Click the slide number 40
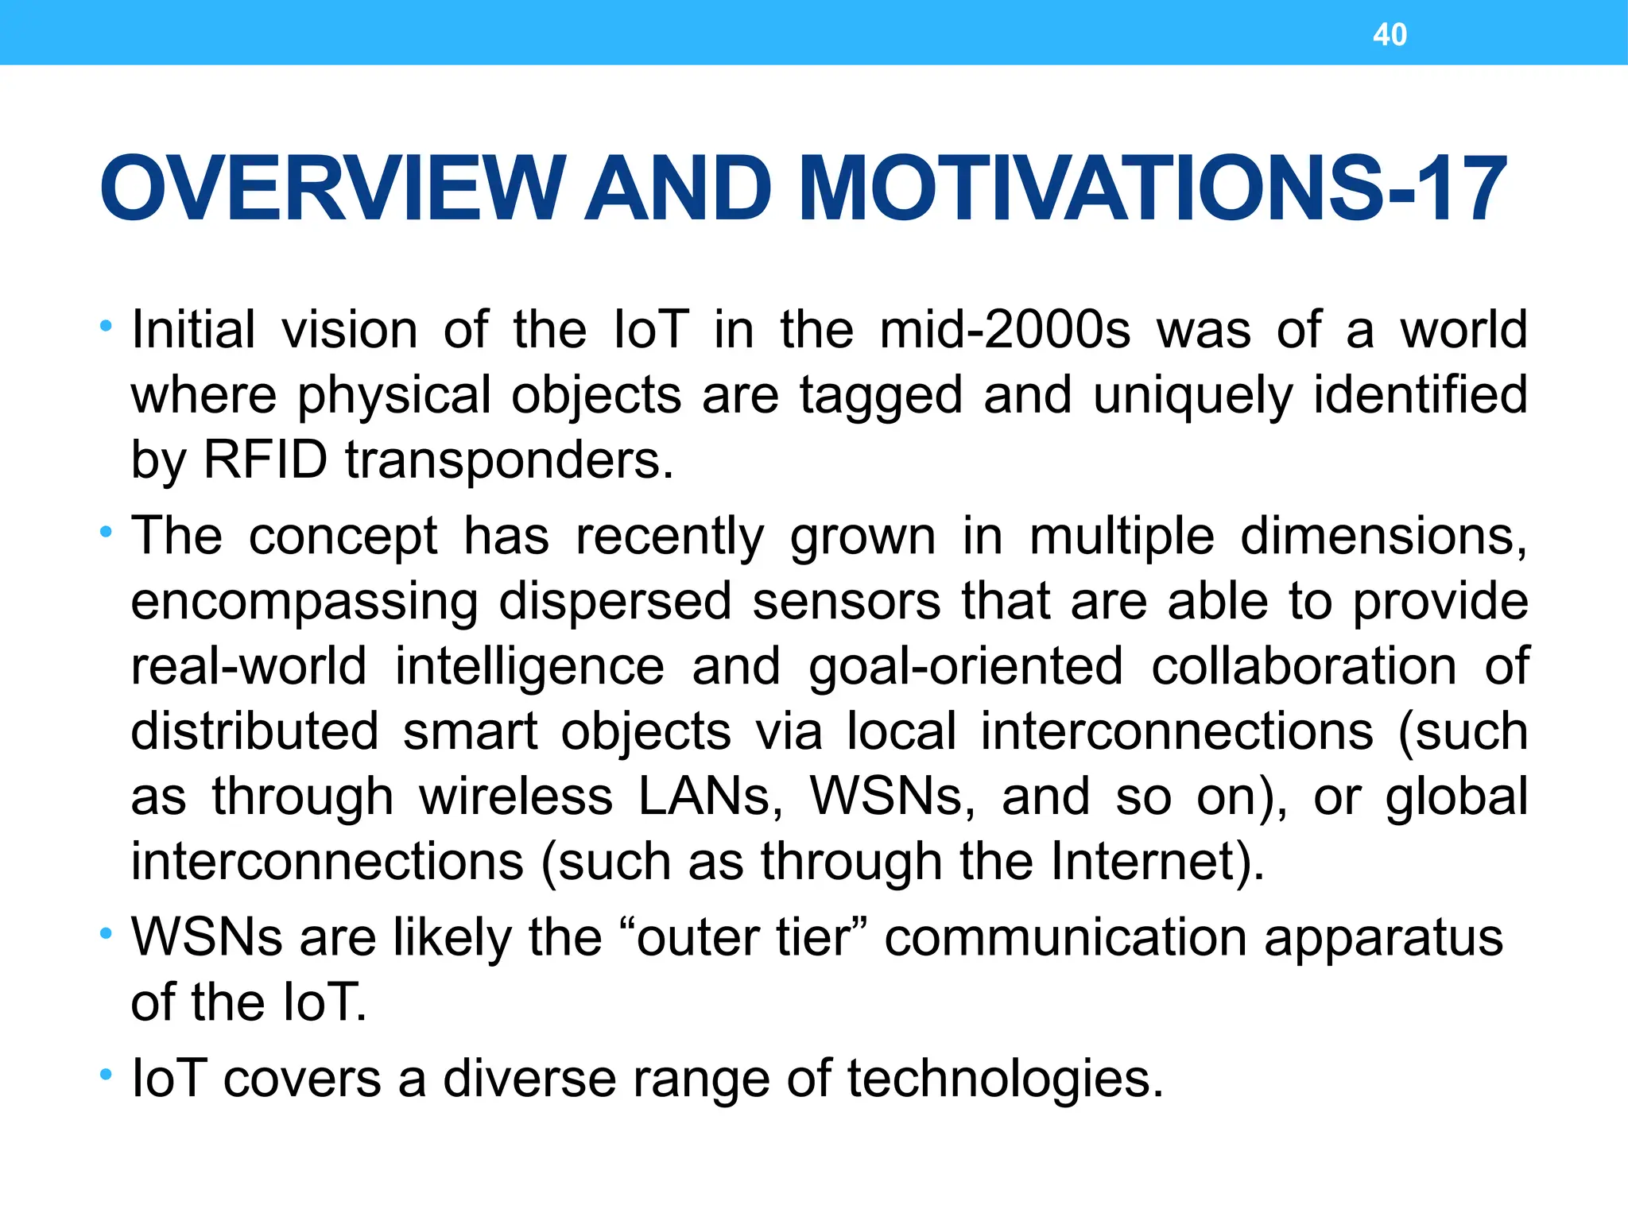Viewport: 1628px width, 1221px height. click(1390, 35)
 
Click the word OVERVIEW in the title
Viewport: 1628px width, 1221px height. click(333, 189)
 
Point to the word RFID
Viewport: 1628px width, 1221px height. click(266, 459)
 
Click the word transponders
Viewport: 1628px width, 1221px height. click(509, 461)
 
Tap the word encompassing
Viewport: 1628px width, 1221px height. click(304, 603)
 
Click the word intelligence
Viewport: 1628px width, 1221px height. click(529, 668)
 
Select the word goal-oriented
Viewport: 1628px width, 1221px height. click(966, 668)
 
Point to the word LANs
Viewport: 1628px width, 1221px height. click(710, 797)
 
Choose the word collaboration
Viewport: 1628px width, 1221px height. click(1304, 666)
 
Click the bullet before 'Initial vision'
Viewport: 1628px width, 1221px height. click(106, 326)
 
